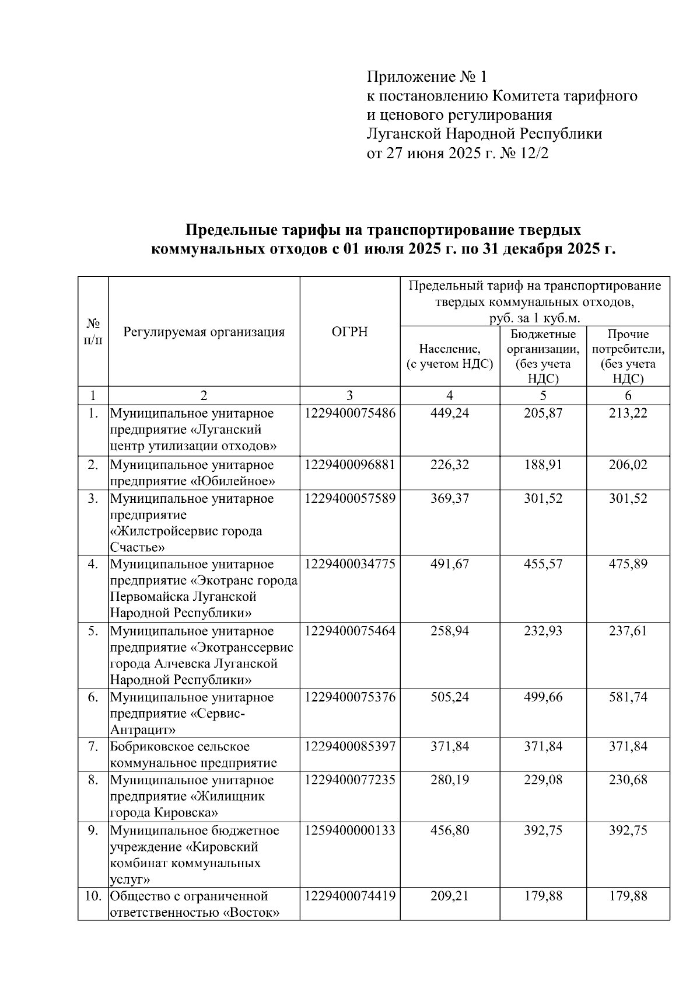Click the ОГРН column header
click(x=349, y=332)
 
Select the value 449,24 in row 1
click(x=449, y=413)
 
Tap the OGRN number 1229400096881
click(x=349, y=465)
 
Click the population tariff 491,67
click(x=449, y=565)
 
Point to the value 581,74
click(x=628, y=697)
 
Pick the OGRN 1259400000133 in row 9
click(x=349, y=830)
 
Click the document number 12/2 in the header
click(x=533, y=154)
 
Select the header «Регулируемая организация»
click(x=204, y=332)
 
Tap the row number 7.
click(x=93, y=747)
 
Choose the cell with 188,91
click(x=542, y=465)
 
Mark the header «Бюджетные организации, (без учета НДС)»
click(x=542, y=356)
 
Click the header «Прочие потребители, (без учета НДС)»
click(x=628, y=356)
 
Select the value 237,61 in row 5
click(x=628, y=631)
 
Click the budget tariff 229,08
click(x=542, y=780)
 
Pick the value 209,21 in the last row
click(x=449, y=896)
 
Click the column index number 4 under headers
click(x=449, y=395)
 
